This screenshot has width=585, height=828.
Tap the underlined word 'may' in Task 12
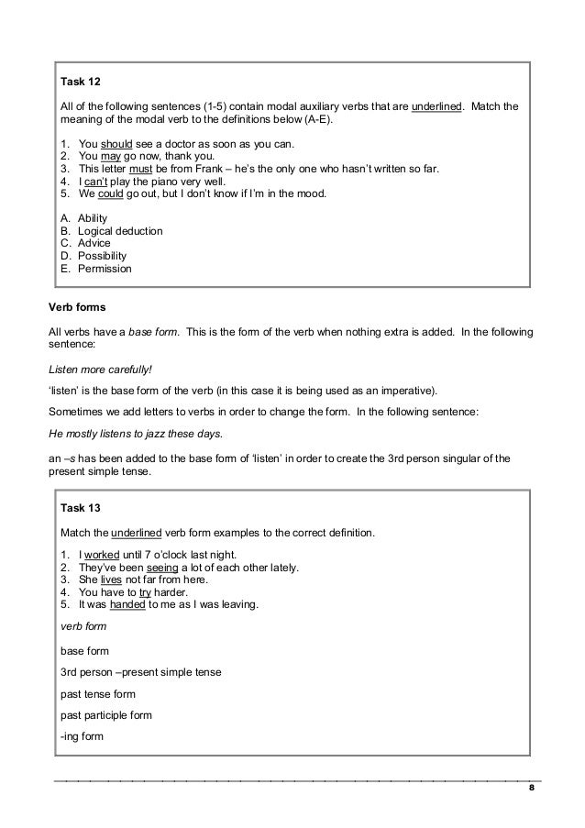tap(110, 157)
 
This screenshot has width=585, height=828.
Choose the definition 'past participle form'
tap(106, 715)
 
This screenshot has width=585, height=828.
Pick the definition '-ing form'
tap(82, 736)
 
